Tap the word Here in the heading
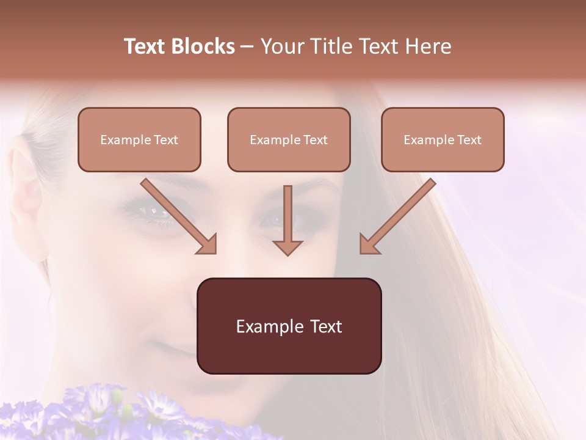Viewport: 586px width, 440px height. coord(427,46)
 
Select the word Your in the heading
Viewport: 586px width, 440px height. coord(282,46)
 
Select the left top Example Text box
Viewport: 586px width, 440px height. coord(139,139)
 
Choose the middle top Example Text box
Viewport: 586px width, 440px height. coord(289,139)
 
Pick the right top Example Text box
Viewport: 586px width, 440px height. coord(443,139)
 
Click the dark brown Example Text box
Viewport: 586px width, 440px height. coord(289,326)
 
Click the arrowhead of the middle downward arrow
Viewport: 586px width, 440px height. coord(288,247)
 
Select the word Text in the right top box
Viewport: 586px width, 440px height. coord(469,140)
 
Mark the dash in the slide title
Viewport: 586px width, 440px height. coord(247,46)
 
